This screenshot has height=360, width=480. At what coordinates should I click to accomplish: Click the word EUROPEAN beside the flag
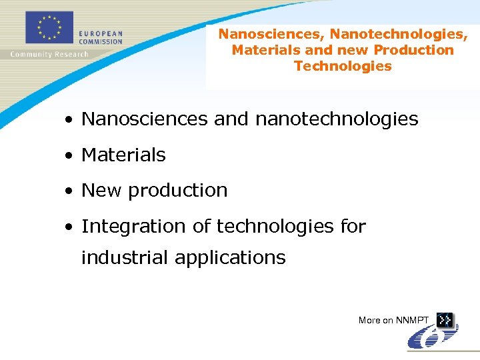click(x=101, y=33)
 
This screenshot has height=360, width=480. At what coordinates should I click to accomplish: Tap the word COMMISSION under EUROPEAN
click(x=101, y=41)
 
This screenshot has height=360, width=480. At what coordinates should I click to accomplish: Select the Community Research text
click(x=49, y=54)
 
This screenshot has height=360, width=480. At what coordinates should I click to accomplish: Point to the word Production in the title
click(x=413, y=50)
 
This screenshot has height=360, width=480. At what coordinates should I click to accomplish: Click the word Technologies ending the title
click(x=343, y=66)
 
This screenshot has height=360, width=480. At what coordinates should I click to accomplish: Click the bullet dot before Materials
click(x=69, y=156)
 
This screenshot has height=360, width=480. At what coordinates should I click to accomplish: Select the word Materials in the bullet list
click(x=123, y=155)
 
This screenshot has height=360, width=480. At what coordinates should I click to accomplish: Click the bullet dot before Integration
click(x=69, y=227)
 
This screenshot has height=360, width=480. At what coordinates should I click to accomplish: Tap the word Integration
click(x=134, y=227)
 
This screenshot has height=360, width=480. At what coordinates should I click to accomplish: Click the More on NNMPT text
click(x=394, y=321)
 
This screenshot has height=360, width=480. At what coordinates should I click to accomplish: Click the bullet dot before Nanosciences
click(x=69, y=121)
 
